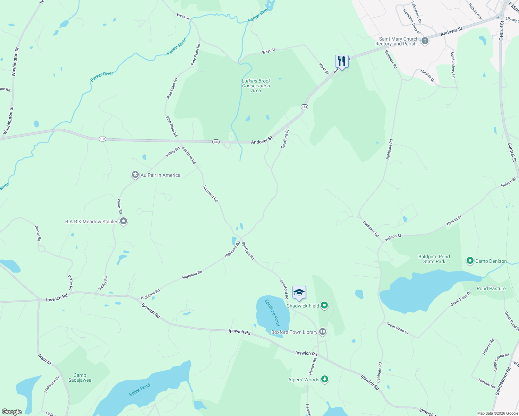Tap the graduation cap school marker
click(299, 293)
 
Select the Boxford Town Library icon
click(323, 332)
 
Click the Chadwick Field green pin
click(324, 305)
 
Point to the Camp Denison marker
click(470, 261)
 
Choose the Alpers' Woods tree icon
click(324, 379)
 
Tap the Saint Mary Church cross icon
click(425, 41)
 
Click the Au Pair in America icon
click(135, 175)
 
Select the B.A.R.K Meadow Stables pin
click(123, 222)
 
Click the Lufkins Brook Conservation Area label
click(256, 86)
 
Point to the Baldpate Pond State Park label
click(434, 259)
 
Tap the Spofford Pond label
click(273, 312)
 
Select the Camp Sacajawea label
click(80, 378)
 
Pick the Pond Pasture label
click(491, 288)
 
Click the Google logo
click(12, 411)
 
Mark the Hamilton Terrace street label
click(411, 21)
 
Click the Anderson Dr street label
click(51, 384)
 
